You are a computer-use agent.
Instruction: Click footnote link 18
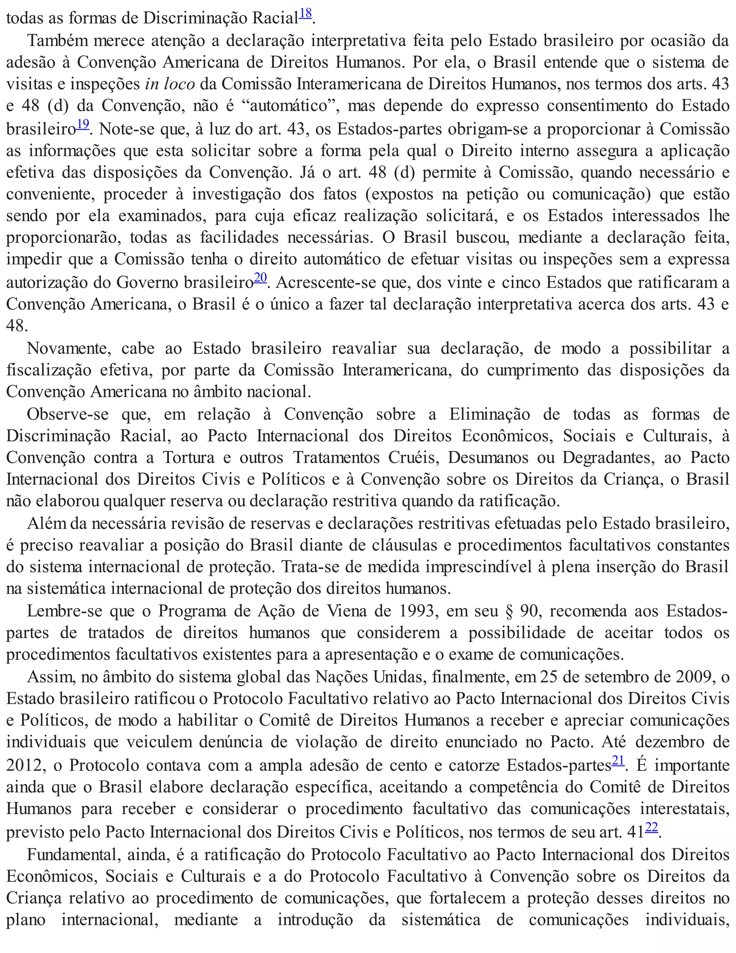tap(305, 14)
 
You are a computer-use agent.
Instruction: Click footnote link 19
tap(83, 124)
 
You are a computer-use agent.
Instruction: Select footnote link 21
tap(618, 761)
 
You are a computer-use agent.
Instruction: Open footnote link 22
tap(652, 827)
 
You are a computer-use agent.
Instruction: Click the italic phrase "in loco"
tap(170, 84)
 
